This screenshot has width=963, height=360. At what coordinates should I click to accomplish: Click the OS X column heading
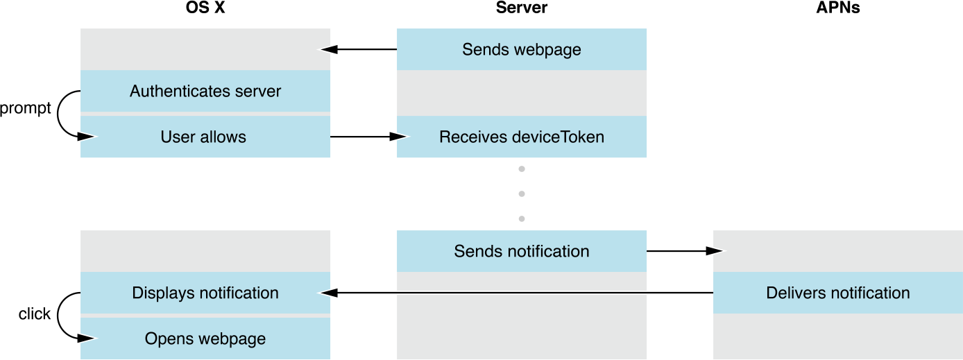(x=206, y=8)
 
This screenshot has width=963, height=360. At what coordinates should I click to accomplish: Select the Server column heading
(x=521, y=8)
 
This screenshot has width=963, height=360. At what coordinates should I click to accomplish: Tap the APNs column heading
(x=838, y=8)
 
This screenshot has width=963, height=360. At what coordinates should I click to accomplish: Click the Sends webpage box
(x=521, y=50)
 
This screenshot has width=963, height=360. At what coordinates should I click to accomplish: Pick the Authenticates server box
(x=205, y=91)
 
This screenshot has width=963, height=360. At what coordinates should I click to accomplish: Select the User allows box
(x=205, y=137)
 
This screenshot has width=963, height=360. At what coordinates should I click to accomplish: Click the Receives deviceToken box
(x=521, y=137)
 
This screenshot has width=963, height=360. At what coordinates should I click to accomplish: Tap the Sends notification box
(x=521, y=251)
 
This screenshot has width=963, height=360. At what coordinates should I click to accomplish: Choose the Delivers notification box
(x=837, y=293)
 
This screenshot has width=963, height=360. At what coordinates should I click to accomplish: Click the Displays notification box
(x=205, y=293)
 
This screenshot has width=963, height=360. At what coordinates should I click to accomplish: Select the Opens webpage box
(x=205, y=338)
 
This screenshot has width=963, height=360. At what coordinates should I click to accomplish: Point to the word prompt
(x=26, y=109)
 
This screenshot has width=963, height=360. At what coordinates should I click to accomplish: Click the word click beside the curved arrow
(x=34, y=314)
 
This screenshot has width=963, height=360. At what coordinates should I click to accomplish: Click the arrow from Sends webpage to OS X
(x=358, y=50)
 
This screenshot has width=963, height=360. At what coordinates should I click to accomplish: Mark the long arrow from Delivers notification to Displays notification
(x=517, y=293)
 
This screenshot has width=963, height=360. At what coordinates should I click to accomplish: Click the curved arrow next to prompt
(x=61, y=114)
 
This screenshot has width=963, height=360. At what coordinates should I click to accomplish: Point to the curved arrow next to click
(x=61, y=316)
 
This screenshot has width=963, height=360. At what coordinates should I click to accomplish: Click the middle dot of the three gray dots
(x=521, y=194)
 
